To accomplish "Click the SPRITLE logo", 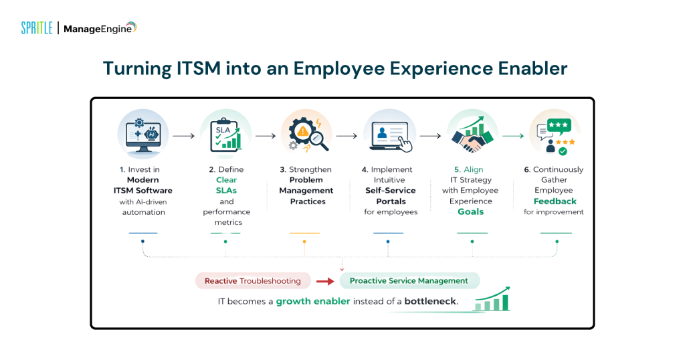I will pyautogui.click(x=37, y=28).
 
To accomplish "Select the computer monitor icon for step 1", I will pyautogui.click(x=142, y=134).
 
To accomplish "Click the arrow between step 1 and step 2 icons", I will pyautogui.click(x=183, y=136).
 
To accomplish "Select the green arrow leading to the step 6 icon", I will pyautogui.click(x=513, y=136).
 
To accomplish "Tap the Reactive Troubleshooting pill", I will pyautogui.click(x=253, y=281).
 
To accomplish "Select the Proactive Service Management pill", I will pyautogui.click(x=409, y=281).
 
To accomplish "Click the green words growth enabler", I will pyautogui.click(x=313, y=301).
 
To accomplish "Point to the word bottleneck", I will pyautogui.click(x=430, y=301).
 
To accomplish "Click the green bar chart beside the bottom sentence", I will pyautogui.click(x=492, y=300).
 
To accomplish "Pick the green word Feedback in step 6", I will pyautogui.click(x=555, y=201).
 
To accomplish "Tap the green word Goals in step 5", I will pyautogui.click(x=472, y=211).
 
